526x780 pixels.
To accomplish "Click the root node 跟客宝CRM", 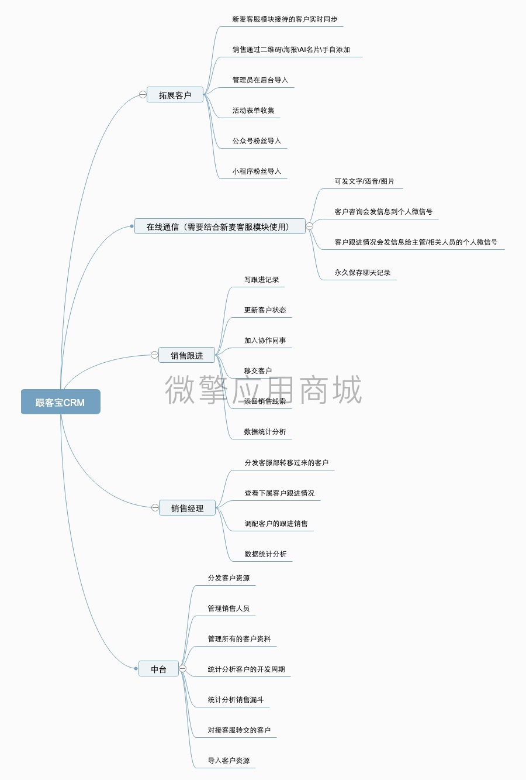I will [x=60, y=402].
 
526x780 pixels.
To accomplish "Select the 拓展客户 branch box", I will [x=175, y=95].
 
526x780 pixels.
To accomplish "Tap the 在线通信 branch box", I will [x=220, y=226].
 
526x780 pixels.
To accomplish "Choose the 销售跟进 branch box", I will [x=186, y=355].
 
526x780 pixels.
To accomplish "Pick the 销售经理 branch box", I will [x=187, y=508].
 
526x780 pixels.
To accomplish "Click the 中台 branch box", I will [x=158, y=669].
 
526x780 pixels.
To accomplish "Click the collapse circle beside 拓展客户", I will [x=143, y=95].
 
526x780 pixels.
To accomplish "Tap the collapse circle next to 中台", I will [x=183, y=669].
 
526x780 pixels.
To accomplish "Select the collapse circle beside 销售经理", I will [x=155, y=508].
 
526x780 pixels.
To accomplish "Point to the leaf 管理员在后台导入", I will [x=260, y=80].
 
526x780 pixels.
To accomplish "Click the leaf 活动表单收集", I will [x=253, y=111].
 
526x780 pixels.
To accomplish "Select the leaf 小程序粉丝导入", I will [x=257, y=171].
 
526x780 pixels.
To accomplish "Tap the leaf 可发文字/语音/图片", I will [x=364, y=181].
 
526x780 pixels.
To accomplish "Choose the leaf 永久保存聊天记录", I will [x=362, y=273].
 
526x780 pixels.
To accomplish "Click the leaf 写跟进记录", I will [x=261, y=280].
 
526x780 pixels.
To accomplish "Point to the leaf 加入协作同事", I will [x=265, y=341].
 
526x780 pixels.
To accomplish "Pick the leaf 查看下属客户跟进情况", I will [x=279, y=493].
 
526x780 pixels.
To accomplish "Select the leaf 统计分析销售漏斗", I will [x=236, y=700].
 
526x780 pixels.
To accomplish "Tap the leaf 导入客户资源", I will [x=229, y=761].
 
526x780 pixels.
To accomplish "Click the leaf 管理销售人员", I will [x=229, y=609].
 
